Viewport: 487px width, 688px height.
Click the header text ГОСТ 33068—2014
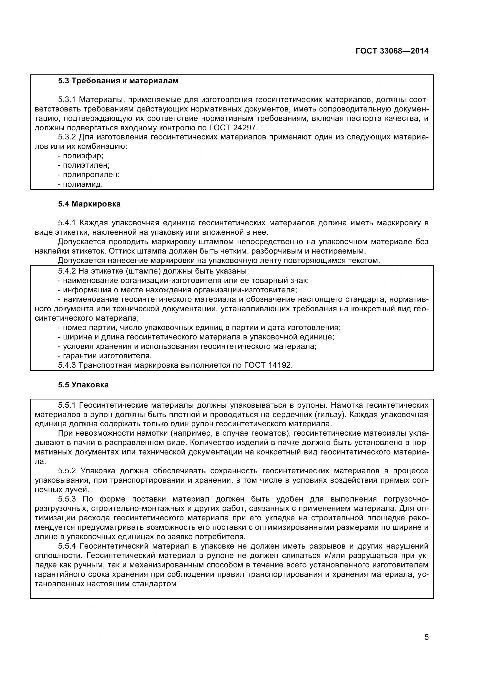[392, 51]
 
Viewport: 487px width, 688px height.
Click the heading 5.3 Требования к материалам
[118, 81]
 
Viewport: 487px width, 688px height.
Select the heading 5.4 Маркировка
[90, 204]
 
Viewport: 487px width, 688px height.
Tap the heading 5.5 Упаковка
[83, 385]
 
